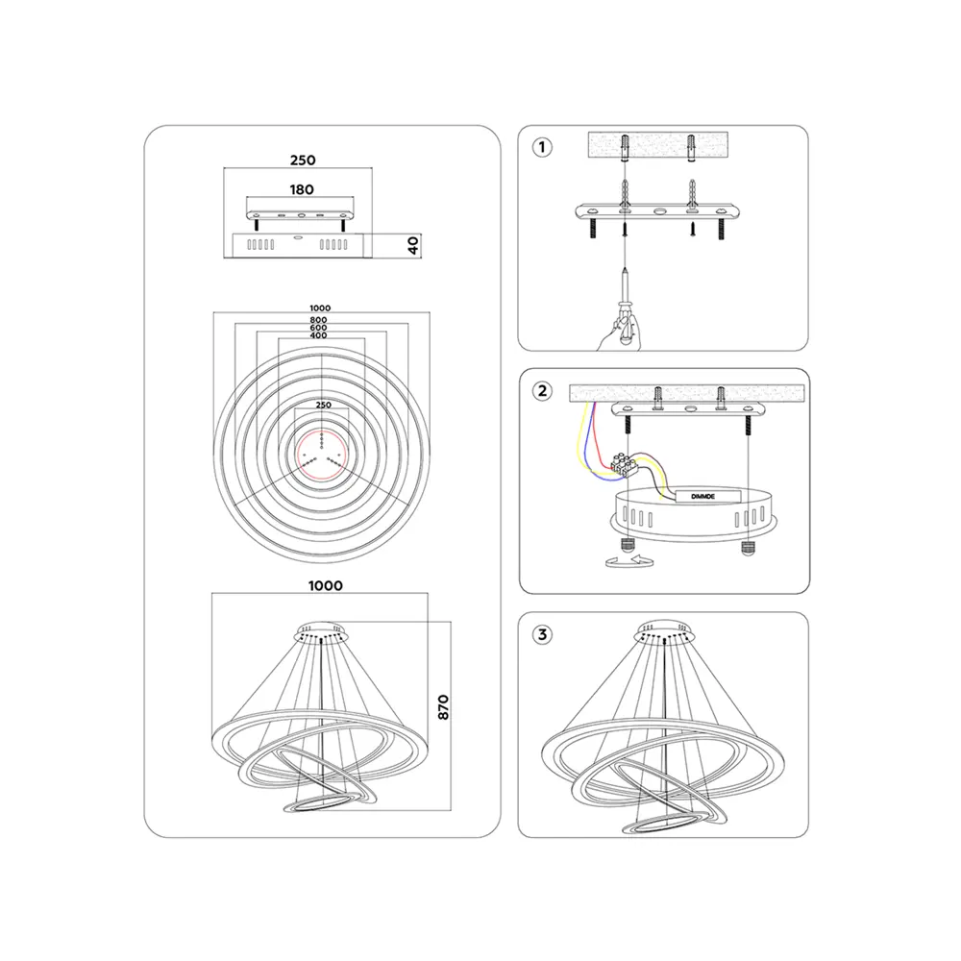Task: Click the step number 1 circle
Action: click(542, 147)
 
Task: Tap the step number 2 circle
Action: click(542, 390)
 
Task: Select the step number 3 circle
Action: click(542, 634)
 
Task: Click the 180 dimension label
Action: click(302, 190)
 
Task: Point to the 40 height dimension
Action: click(413, 246)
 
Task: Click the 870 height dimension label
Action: click(443, 707)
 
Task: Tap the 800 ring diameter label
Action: click(318, 320)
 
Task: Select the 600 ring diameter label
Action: click(318, 328)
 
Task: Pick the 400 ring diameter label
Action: click(318, 335)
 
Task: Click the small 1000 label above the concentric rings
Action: click(320, 308)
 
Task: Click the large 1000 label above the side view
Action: click(326, 586)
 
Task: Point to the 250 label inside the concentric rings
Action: click(324, 406)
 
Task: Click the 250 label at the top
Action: click(303, 160)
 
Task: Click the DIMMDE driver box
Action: click(708, 497)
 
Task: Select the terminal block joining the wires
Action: click(625, 463)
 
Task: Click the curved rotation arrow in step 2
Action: click(629, 560)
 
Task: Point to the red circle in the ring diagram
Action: click(322, 456)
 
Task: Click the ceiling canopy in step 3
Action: click(664, 630)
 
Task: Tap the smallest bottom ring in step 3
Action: click(663, 824)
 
